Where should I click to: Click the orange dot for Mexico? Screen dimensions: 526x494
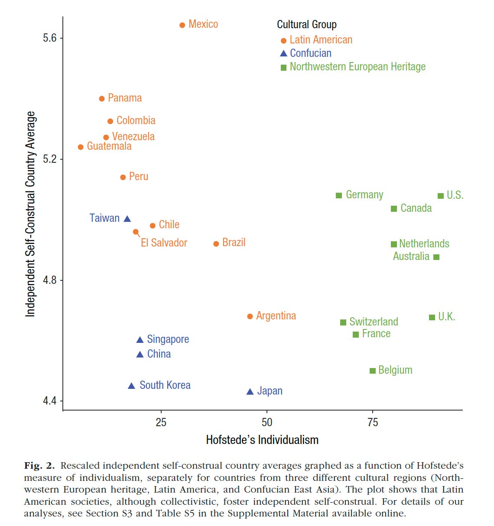(x=182, y=25)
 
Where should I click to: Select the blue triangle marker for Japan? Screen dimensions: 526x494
(x=250, y=391)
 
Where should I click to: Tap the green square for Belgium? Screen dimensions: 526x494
(x=372, y=371)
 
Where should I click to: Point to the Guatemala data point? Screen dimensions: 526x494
(x=81, y=147)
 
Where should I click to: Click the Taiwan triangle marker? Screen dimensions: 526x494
(x=127, y=219)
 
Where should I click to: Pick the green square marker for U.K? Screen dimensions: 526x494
(x=432, y=317)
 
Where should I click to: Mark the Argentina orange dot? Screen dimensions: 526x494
(x=250, y=316)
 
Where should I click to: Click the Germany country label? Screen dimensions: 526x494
(x=364, y=195)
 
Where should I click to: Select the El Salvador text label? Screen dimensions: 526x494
(x=164, y=243)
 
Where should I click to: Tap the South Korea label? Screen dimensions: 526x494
(x=165, y=385)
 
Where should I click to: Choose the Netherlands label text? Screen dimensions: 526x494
(x=424, y=243)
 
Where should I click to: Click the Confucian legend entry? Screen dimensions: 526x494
(x=310, y=53)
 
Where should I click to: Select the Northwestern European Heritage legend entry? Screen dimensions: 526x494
(x=357, y=67)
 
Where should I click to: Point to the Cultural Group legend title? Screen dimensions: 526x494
(x=306, y=25)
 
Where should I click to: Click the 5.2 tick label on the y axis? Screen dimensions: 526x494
(x=50, y=159)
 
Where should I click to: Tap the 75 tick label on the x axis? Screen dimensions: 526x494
(x=372, y=422)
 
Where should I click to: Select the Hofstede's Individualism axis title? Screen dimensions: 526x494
(x=262, y=440)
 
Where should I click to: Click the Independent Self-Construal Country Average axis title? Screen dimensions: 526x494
(x=30, y=214)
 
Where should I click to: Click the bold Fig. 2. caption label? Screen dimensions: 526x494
(x=39, y=466)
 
